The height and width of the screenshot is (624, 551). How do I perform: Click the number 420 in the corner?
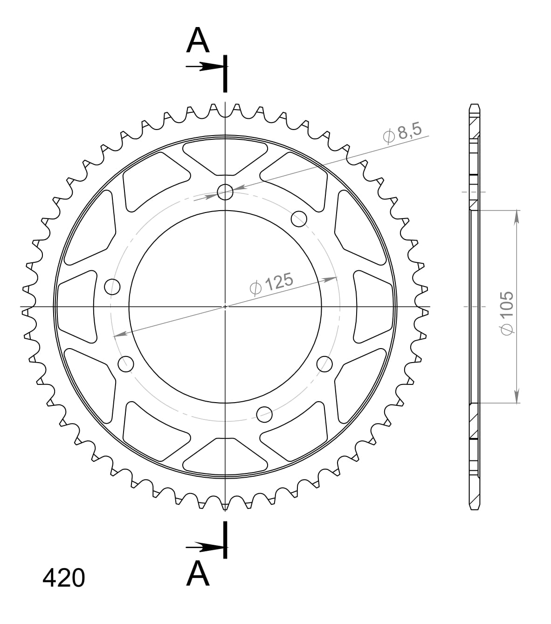click(64, 578)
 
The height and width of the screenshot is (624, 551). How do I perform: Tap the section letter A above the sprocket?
click(198, 41)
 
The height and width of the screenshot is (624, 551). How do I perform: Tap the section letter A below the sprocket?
click(198, 574)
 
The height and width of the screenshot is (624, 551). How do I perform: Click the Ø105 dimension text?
click(506, 313)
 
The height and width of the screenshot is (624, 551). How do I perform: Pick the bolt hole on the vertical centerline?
click(225, 192)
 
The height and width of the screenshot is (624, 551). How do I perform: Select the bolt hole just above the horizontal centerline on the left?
click(112, 287)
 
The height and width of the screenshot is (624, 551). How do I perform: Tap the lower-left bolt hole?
click(125, 364)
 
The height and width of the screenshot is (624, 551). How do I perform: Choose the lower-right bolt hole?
click(325, 363)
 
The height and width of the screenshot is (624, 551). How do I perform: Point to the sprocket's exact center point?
click(225, 307)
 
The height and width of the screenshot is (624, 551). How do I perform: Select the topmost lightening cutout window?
click(226, 156)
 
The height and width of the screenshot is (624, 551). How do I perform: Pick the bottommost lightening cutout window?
click(226, 457)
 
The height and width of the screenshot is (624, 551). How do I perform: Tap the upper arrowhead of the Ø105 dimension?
click(517, 216)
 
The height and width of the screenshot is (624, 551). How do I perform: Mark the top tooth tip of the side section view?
click(474, 105)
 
